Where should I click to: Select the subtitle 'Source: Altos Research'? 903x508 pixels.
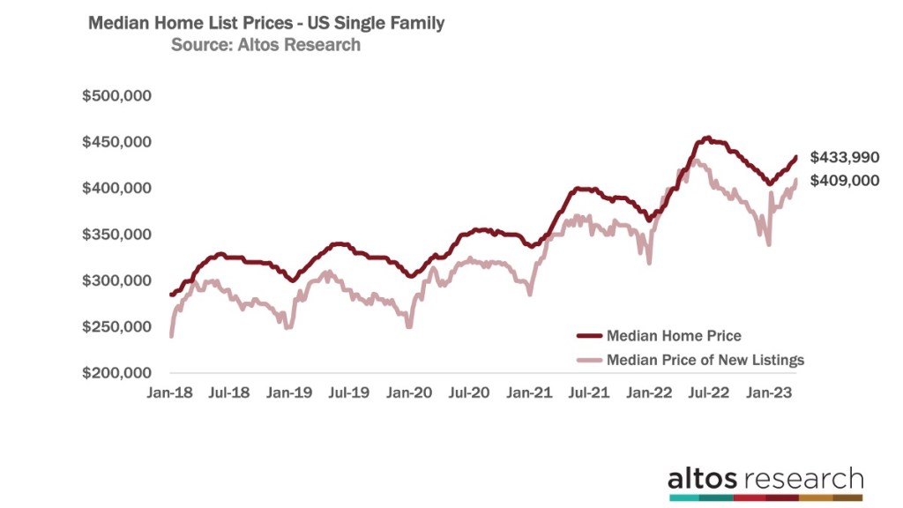point(265,45)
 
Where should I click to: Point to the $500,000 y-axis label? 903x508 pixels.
point(117,96)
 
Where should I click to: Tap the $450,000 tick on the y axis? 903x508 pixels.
point(117,142)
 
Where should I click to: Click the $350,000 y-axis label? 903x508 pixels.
point(117,235)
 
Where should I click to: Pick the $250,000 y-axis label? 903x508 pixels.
point(117,327)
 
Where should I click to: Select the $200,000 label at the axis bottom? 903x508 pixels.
point(117,373)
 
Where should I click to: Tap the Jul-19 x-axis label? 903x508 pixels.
point(349,394)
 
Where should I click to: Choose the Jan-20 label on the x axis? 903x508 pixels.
point(409,394)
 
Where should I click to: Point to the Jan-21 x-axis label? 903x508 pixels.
point(529,394)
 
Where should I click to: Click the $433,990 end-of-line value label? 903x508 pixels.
point(844,157)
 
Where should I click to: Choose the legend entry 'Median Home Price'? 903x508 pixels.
point(673,336)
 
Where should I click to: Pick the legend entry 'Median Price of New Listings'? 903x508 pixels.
point(704,360)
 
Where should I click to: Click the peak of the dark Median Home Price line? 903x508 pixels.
point(706,138)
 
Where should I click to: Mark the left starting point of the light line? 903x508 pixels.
point(171,335)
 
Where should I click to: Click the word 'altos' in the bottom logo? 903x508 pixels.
point(704,479)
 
